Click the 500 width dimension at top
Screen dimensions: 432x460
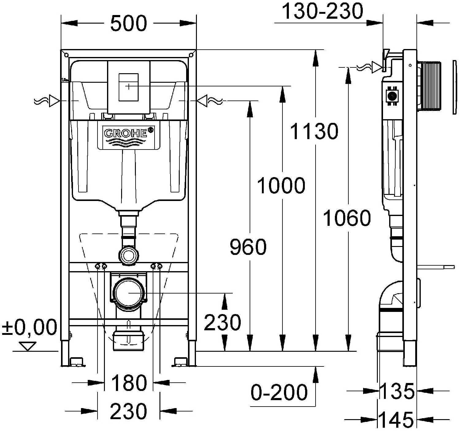[x=128, y=23]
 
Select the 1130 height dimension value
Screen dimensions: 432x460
[x=314, y=131]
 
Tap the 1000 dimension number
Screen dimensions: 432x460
[x=281, y=186]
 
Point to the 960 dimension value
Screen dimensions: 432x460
[x=248, y=247]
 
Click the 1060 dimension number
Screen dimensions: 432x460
[x=347, y=218]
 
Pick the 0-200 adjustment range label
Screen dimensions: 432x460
[x=279, y=392]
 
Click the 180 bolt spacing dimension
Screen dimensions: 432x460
[x=129, y=383]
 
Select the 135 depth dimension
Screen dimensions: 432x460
[x=397, y=391]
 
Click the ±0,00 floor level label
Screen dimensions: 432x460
[x=30, y=327]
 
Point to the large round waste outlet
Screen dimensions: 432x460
[x=129, y=293]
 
